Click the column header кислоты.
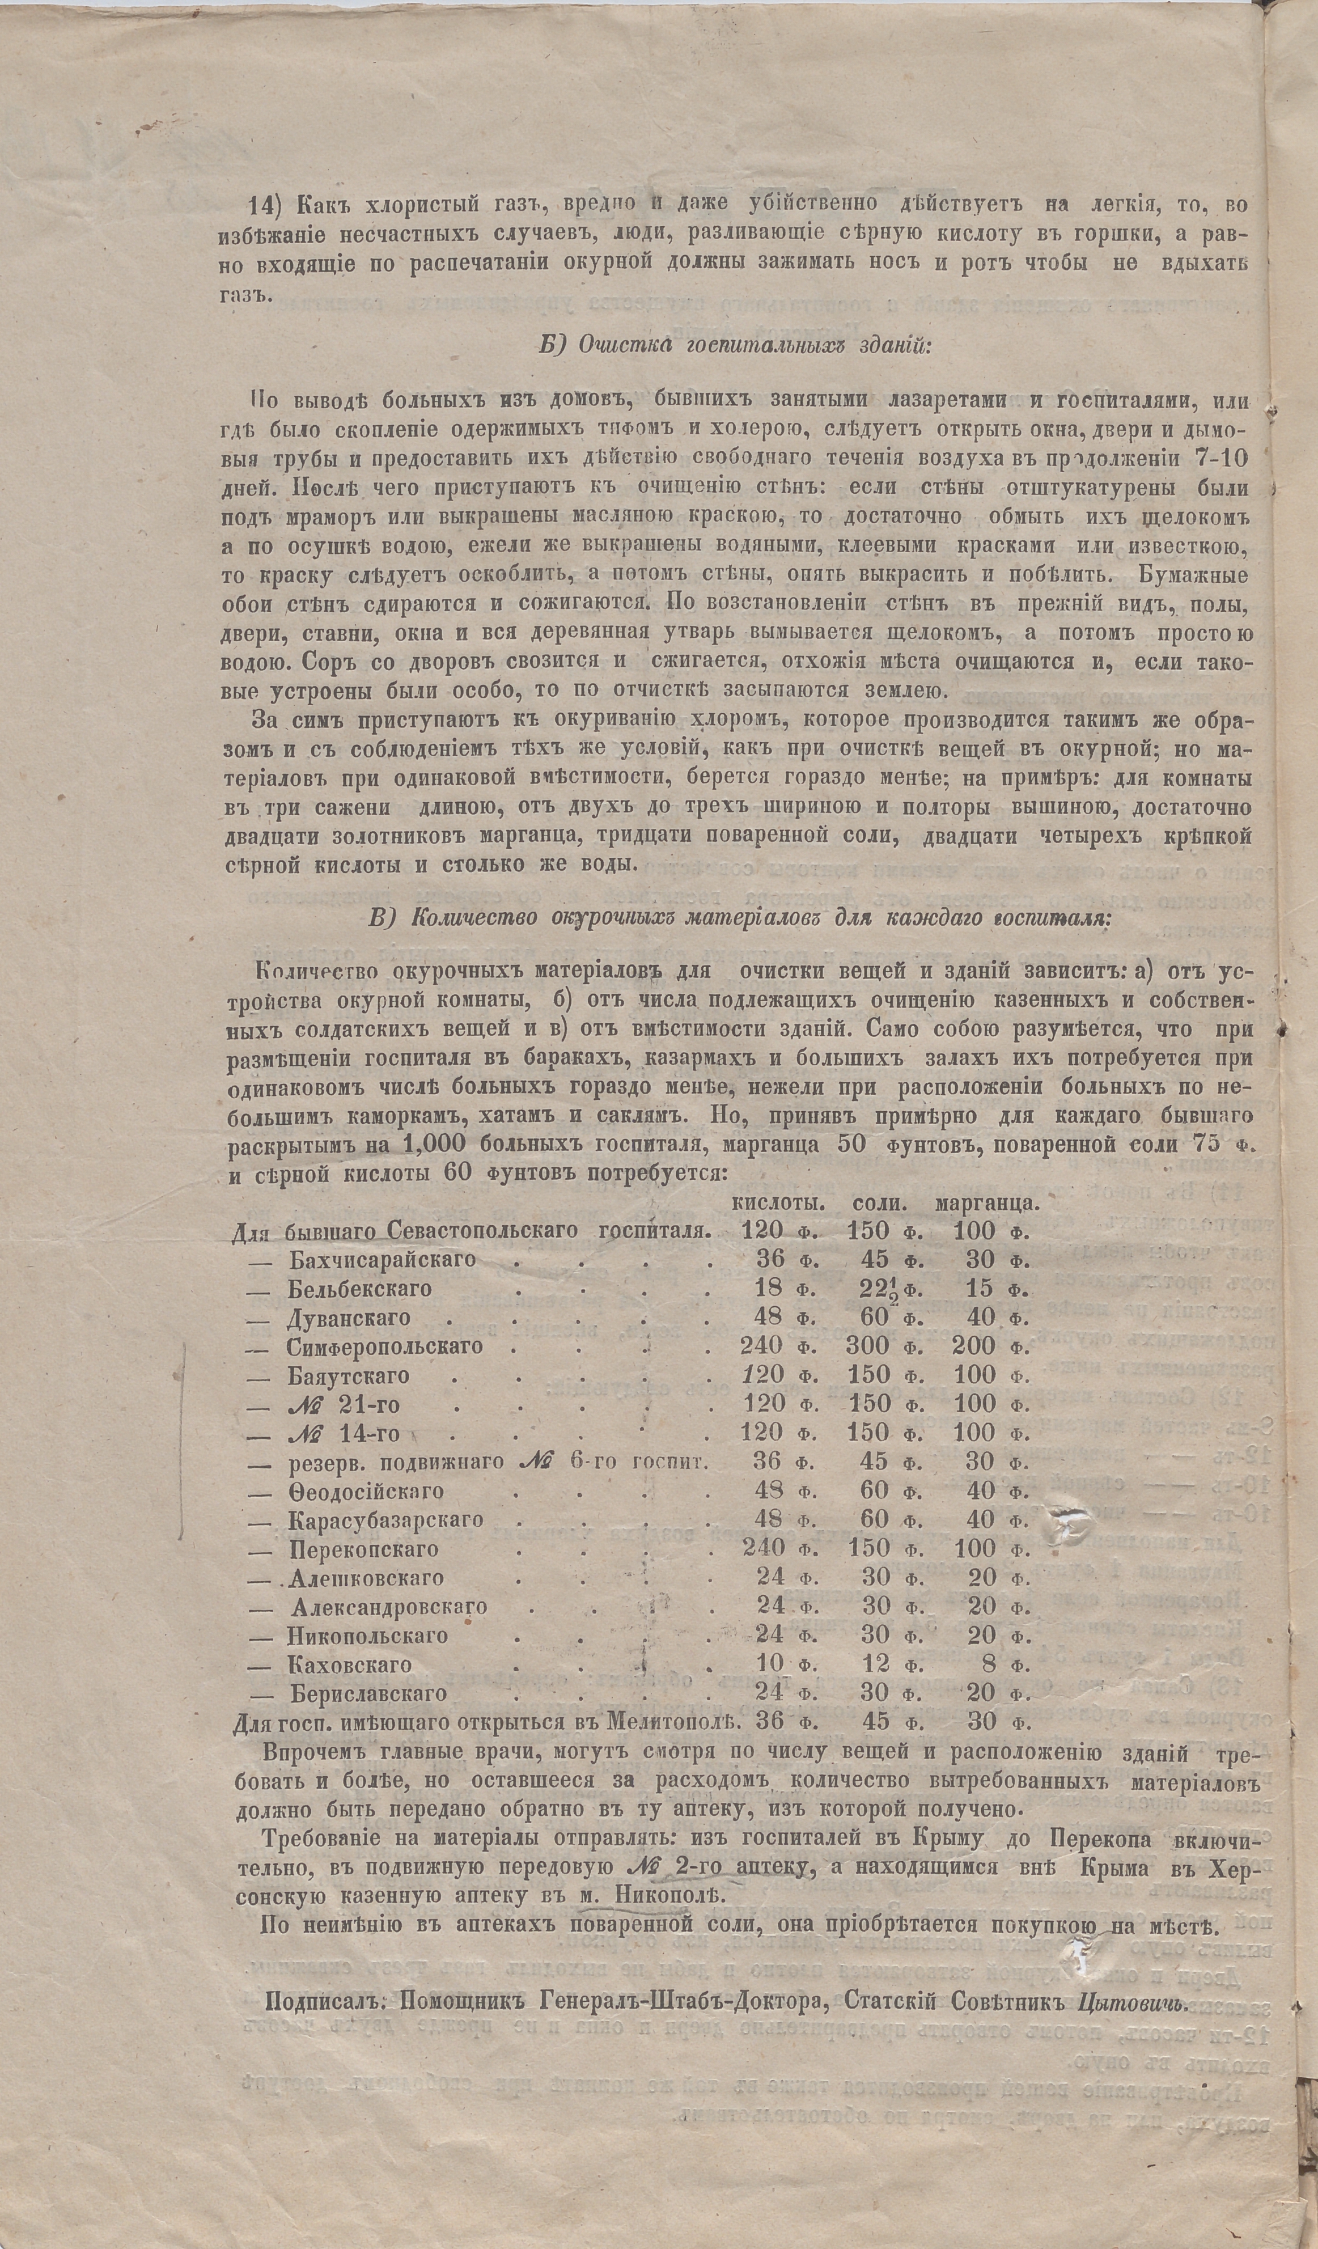click(776, 1202)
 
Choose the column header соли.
click(881, 1202)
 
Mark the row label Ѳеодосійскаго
click(365, 1491)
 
